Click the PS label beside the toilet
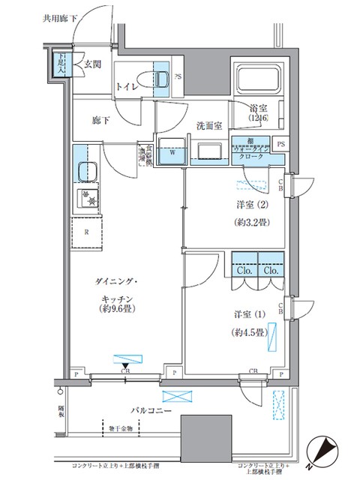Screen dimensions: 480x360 [178, 76]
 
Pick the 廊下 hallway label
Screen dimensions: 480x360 [101, 118]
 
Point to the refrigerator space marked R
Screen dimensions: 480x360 [88, 232]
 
